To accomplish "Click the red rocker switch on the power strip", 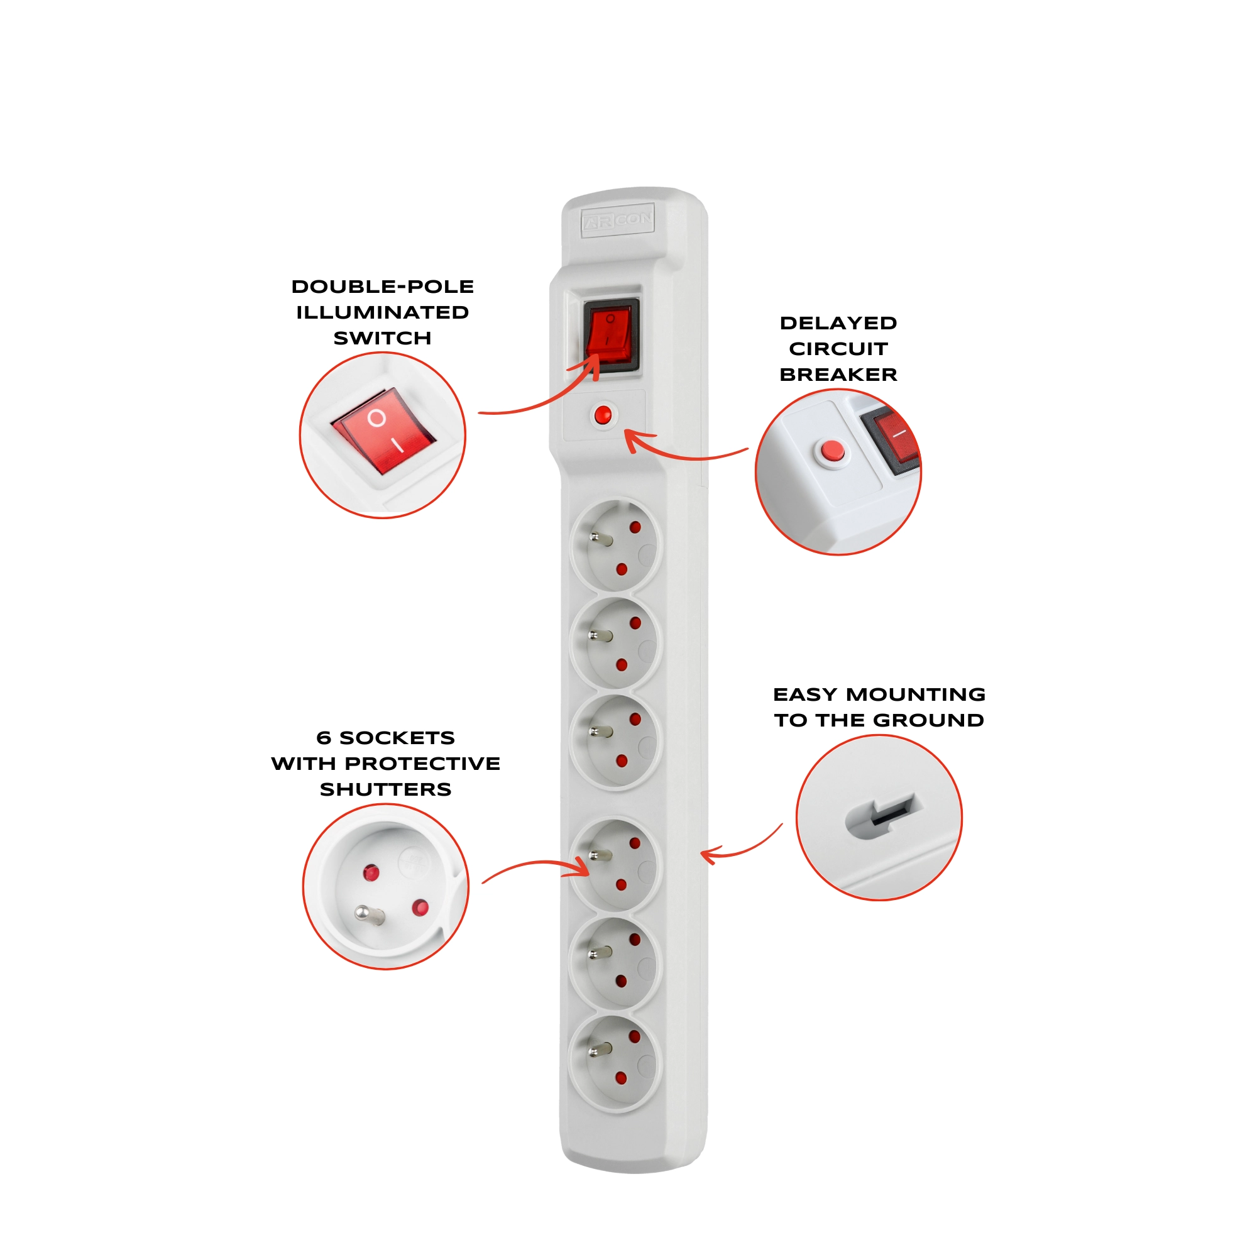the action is pos(610,334).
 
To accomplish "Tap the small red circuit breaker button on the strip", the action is pos(603,415).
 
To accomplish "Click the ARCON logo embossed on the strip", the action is pos(617,220).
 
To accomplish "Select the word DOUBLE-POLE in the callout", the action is pos(383,287).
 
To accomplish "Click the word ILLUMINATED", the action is pos(383,313).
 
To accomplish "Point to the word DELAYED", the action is pos(838,323).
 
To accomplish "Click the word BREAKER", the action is pos(838,375).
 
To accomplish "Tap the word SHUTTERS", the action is pos(386,790).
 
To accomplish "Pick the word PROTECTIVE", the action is pos(423,764).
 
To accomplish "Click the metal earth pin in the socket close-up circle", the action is pos(370,916).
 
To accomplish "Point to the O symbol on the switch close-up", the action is pos(376,418).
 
